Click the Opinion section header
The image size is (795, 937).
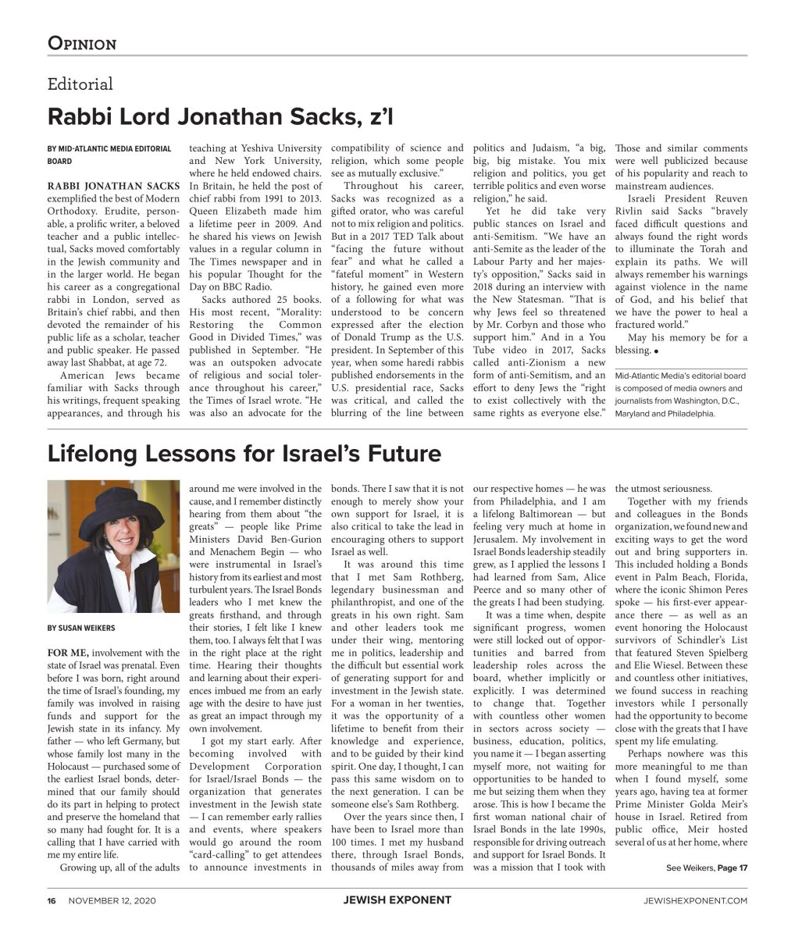[82, 43]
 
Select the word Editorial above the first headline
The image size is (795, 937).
[80, 84]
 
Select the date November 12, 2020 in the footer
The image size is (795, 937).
[112, 900]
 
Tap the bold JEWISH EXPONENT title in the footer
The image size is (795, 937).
[397, 900]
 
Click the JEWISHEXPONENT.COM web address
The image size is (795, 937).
[695, 900]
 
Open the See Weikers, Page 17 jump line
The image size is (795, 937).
[707, 868]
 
